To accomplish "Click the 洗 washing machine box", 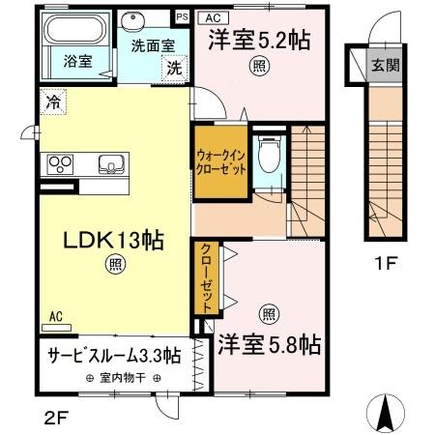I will (x=174, y=69).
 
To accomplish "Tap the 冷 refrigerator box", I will (x=49, y=100).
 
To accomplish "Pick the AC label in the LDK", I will (x=55, y=315).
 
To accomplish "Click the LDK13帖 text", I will (x=101, y=239).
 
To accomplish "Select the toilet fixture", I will (x=272, y=153).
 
